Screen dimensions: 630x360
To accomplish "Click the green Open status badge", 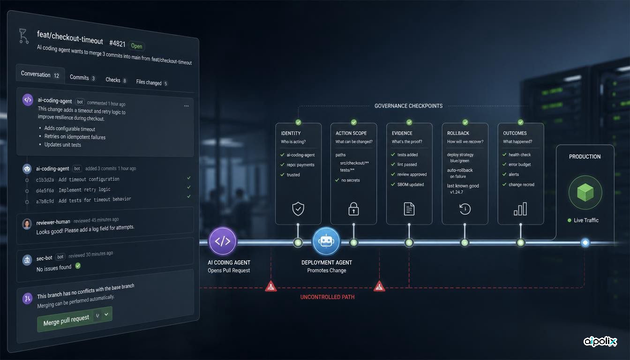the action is [x=137, y=46].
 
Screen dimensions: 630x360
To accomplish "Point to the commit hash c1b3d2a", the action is [x=45, y=180].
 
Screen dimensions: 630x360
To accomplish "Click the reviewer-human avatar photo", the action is [x=27, y=224].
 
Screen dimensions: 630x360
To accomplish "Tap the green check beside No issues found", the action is [x=78, y=265].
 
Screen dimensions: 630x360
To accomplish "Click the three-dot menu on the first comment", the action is [x=186, y=106].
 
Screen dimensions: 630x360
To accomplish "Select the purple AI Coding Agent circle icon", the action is [x=223, y=241].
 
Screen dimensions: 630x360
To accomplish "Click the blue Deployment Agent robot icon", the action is [x=326, y=241].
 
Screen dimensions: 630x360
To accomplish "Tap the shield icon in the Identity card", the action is [x=298, y=209].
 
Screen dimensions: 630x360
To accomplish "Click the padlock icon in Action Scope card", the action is [x=353, y=209].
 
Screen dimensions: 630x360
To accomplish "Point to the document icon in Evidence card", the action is [x=409, y=209].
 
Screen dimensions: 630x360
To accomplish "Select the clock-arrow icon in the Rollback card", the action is [x=465, y=209].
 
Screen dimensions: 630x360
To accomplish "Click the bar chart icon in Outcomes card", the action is [x=520, y=209].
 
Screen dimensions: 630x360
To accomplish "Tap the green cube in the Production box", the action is [x=585, y=192].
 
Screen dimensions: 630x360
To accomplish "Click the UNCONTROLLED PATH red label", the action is [x=327, y=297].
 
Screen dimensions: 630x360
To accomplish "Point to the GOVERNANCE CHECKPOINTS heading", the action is [x=408, y=106].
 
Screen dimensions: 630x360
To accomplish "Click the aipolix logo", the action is [x=600, y=341].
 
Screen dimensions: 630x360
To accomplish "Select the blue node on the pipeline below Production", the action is [x=585, y=242].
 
